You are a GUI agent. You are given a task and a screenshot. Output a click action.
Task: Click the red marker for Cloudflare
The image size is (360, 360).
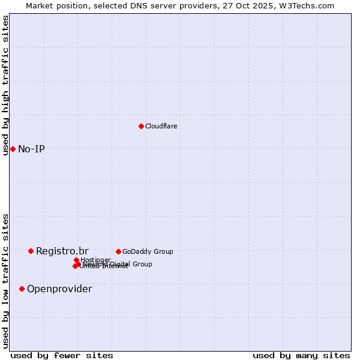[141, 126]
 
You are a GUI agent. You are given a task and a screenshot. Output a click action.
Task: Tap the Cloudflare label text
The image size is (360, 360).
[161, 126]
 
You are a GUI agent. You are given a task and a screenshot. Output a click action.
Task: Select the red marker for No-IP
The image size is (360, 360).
[13, 149]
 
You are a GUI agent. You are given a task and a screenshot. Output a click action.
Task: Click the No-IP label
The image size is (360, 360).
[31, 149]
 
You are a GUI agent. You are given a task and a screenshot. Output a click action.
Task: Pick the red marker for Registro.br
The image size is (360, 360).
[31, 251]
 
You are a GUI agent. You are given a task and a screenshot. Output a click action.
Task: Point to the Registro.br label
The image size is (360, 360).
[62, 251]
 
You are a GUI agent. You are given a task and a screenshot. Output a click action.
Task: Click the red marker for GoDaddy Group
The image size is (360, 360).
[118, 251]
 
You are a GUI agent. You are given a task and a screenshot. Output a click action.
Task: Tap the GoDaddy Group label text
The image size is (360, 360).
[147, 251]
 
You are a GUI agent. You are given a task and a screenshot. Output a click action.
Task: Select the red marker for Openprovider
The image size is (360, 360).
[22, 289]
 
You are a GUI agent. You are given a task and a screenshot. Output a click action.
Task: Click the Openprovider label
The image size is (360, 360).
[59, 289]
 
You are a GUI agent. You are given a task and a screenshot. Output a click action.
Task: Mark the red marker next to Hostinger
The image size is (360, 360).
[76, 260]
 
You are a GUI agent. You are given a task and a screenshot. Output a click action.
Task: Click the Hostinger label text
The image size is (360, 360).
[95, 260]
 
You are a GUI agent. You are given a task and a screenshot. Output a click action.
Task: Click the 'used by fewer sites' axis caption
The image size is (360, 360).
[62, 355]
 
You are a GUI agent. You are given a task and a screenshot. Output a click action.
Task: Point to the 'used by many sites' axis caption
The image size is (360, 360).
[301, 355]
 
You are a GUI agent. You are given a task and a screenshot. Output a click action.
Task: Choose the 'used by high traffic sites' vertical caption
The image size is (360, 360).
[5, 85]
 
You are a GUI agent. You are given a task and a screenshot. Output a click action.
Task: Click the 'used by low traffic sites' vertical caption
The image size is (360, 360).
[5, 280]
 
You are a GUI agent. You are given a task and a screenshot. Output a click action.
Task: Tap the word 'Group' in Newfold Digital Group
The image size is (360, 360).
[142, 264]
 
